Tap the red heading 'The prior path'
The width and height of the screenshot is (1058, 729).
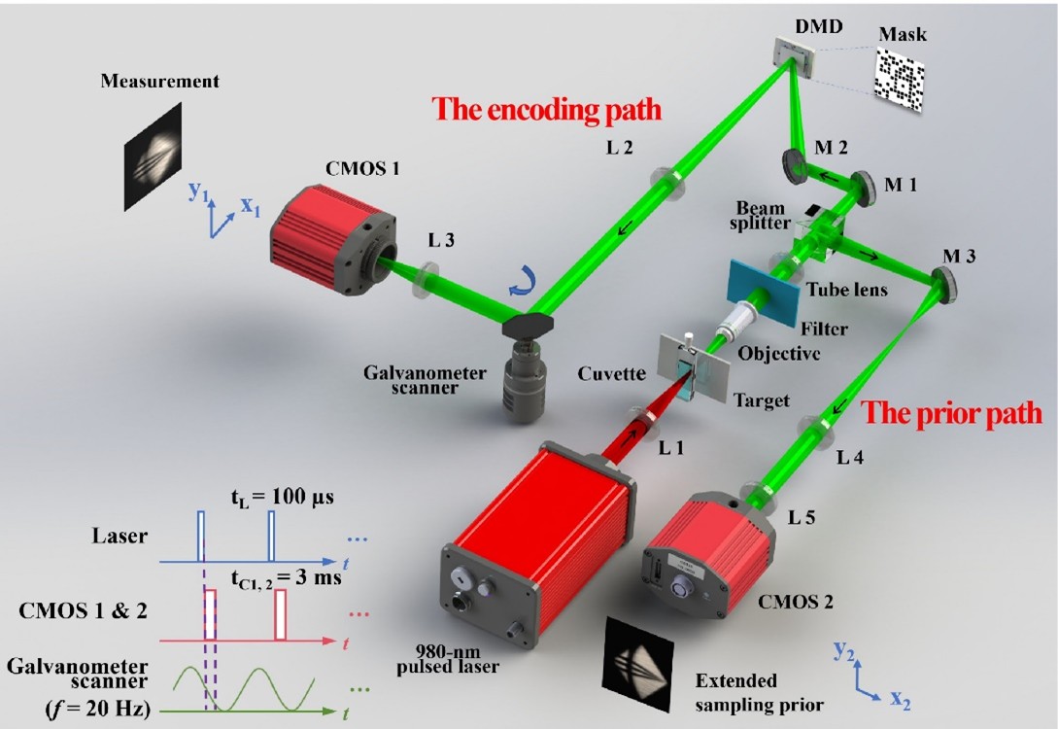click(x=951, y=412)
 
